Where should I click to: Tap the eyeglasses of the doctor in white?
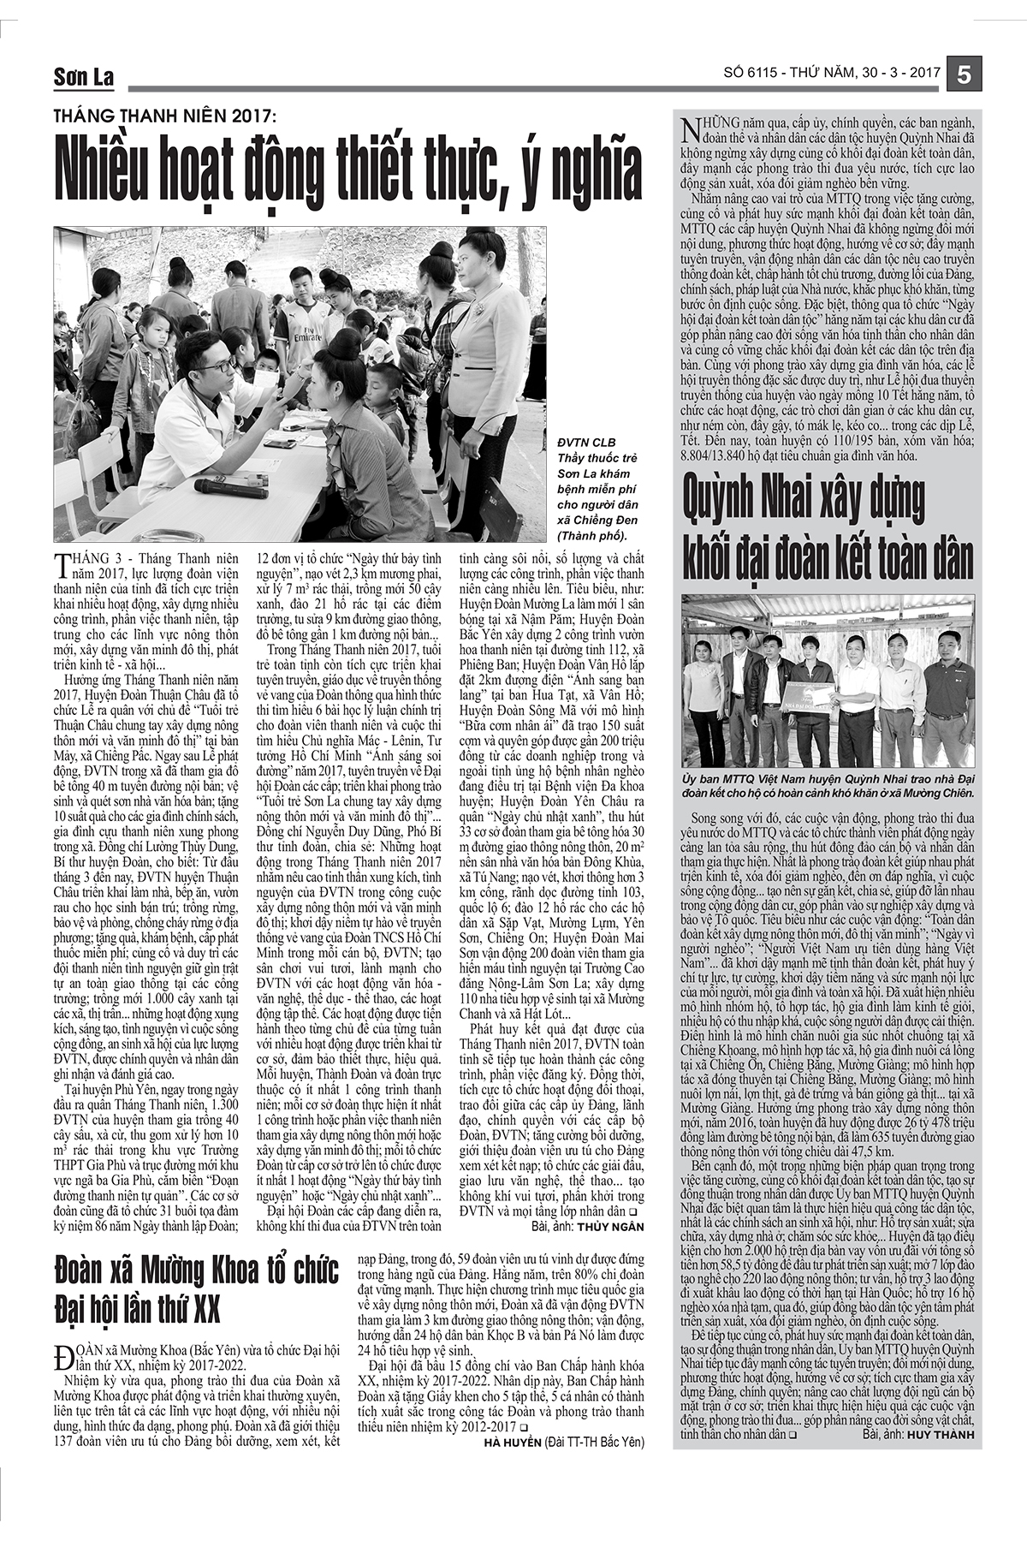pos(218,365)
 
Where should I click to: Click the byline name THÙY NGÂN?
pos(610,1227)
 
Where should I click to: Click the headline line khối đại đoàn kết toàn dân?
pos(828,556)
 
